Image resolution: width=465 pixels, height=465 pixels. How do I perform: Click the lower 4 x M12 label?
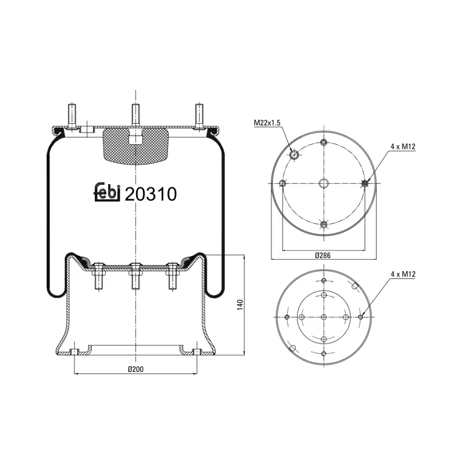[399, 274]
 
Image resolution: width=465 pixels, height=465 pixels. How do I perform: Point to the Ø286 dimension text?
[324, 256]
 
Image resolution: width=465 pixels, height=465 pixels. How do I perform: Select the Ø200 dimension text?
[135, 370]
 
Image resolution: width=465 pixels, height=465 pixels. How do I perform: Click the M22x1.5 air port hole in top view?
[295, 155]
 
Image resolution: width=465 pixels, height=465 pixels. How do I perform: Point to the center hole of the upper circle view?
[324, 184]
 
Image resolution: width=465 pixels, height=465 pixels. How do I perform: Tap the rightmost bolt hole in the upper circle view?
[365, 184]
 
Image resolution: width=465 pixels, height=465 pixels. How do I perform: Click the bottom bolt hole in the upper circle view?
[324, 224]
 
